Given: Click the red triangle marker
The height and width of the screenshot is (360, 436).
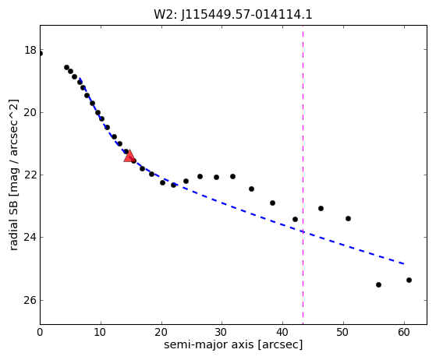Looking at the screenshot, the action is click(x=129, y=156).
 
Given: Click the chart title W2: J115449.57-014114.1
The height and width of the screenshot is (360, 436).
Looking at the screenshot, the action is click(x=233, y=15).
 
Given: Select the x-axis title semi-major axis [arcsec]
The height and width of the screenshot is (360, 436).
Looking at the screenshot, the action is click(x=233, y=344).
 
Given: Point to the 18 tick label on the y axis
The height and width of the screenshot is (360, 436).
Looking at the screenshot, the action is click(x=30, y=51).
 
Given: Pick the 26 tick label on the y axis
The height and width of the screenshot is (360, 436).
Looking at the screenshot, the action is click(x=30, y=300).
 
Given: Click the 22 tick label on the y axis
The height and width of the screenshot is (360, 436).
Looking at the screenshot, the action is click(x=30, y=175).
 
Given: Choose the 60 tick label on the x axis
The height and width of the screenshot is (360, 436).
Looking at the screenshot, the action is click(x=404, y=332).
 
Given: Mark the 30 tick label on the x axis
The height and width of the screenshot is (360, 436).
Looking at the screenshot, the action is click(x=222, y=332).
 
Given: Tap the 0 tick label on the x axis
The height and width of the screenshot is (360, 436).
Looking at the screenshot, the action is click(x=40, y=332).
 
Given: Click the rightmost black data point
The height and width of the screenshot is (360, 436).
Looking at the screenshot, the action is click(x=409, y=280).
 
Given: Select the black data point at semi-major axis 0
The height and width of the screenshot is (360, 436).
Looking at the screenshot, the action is click(x=41, y=53).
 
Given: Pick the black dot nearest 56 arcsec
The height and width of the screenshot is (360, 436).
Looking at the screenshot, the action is click(x=378, y=284).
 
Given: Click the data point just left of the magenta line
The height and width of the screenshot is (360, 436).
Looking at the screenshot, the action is click(x=295, y=220).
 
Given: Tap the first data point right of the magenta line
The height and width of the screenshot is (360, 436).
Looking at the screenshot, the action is click(x=321, y=208).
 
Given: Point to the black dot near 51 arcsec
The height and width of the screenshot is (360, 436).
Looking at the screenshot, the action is click(x=348, y=219).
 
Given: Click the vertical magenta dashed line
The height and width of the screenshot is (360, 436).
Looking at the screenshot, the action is click(x=303, y=175).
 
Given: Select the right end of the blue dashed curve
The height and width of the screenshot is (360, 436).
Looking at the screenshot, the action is click(x=404, y=263).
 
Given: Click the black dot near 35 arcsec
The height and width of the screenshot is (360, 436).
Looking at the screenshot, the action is click(x=251, y=189).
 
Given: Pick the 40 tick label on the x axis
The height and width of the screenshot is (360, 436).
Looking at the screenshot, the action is click(x=282, y=332).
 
